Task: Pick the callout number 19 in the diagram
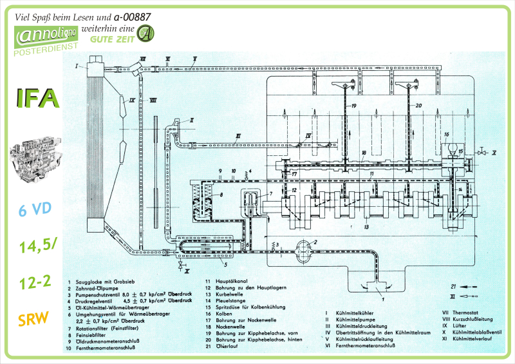point(353,105)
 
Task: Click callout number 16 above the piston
point(445,134)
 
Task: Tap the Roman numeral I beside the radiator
point(77,66)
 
